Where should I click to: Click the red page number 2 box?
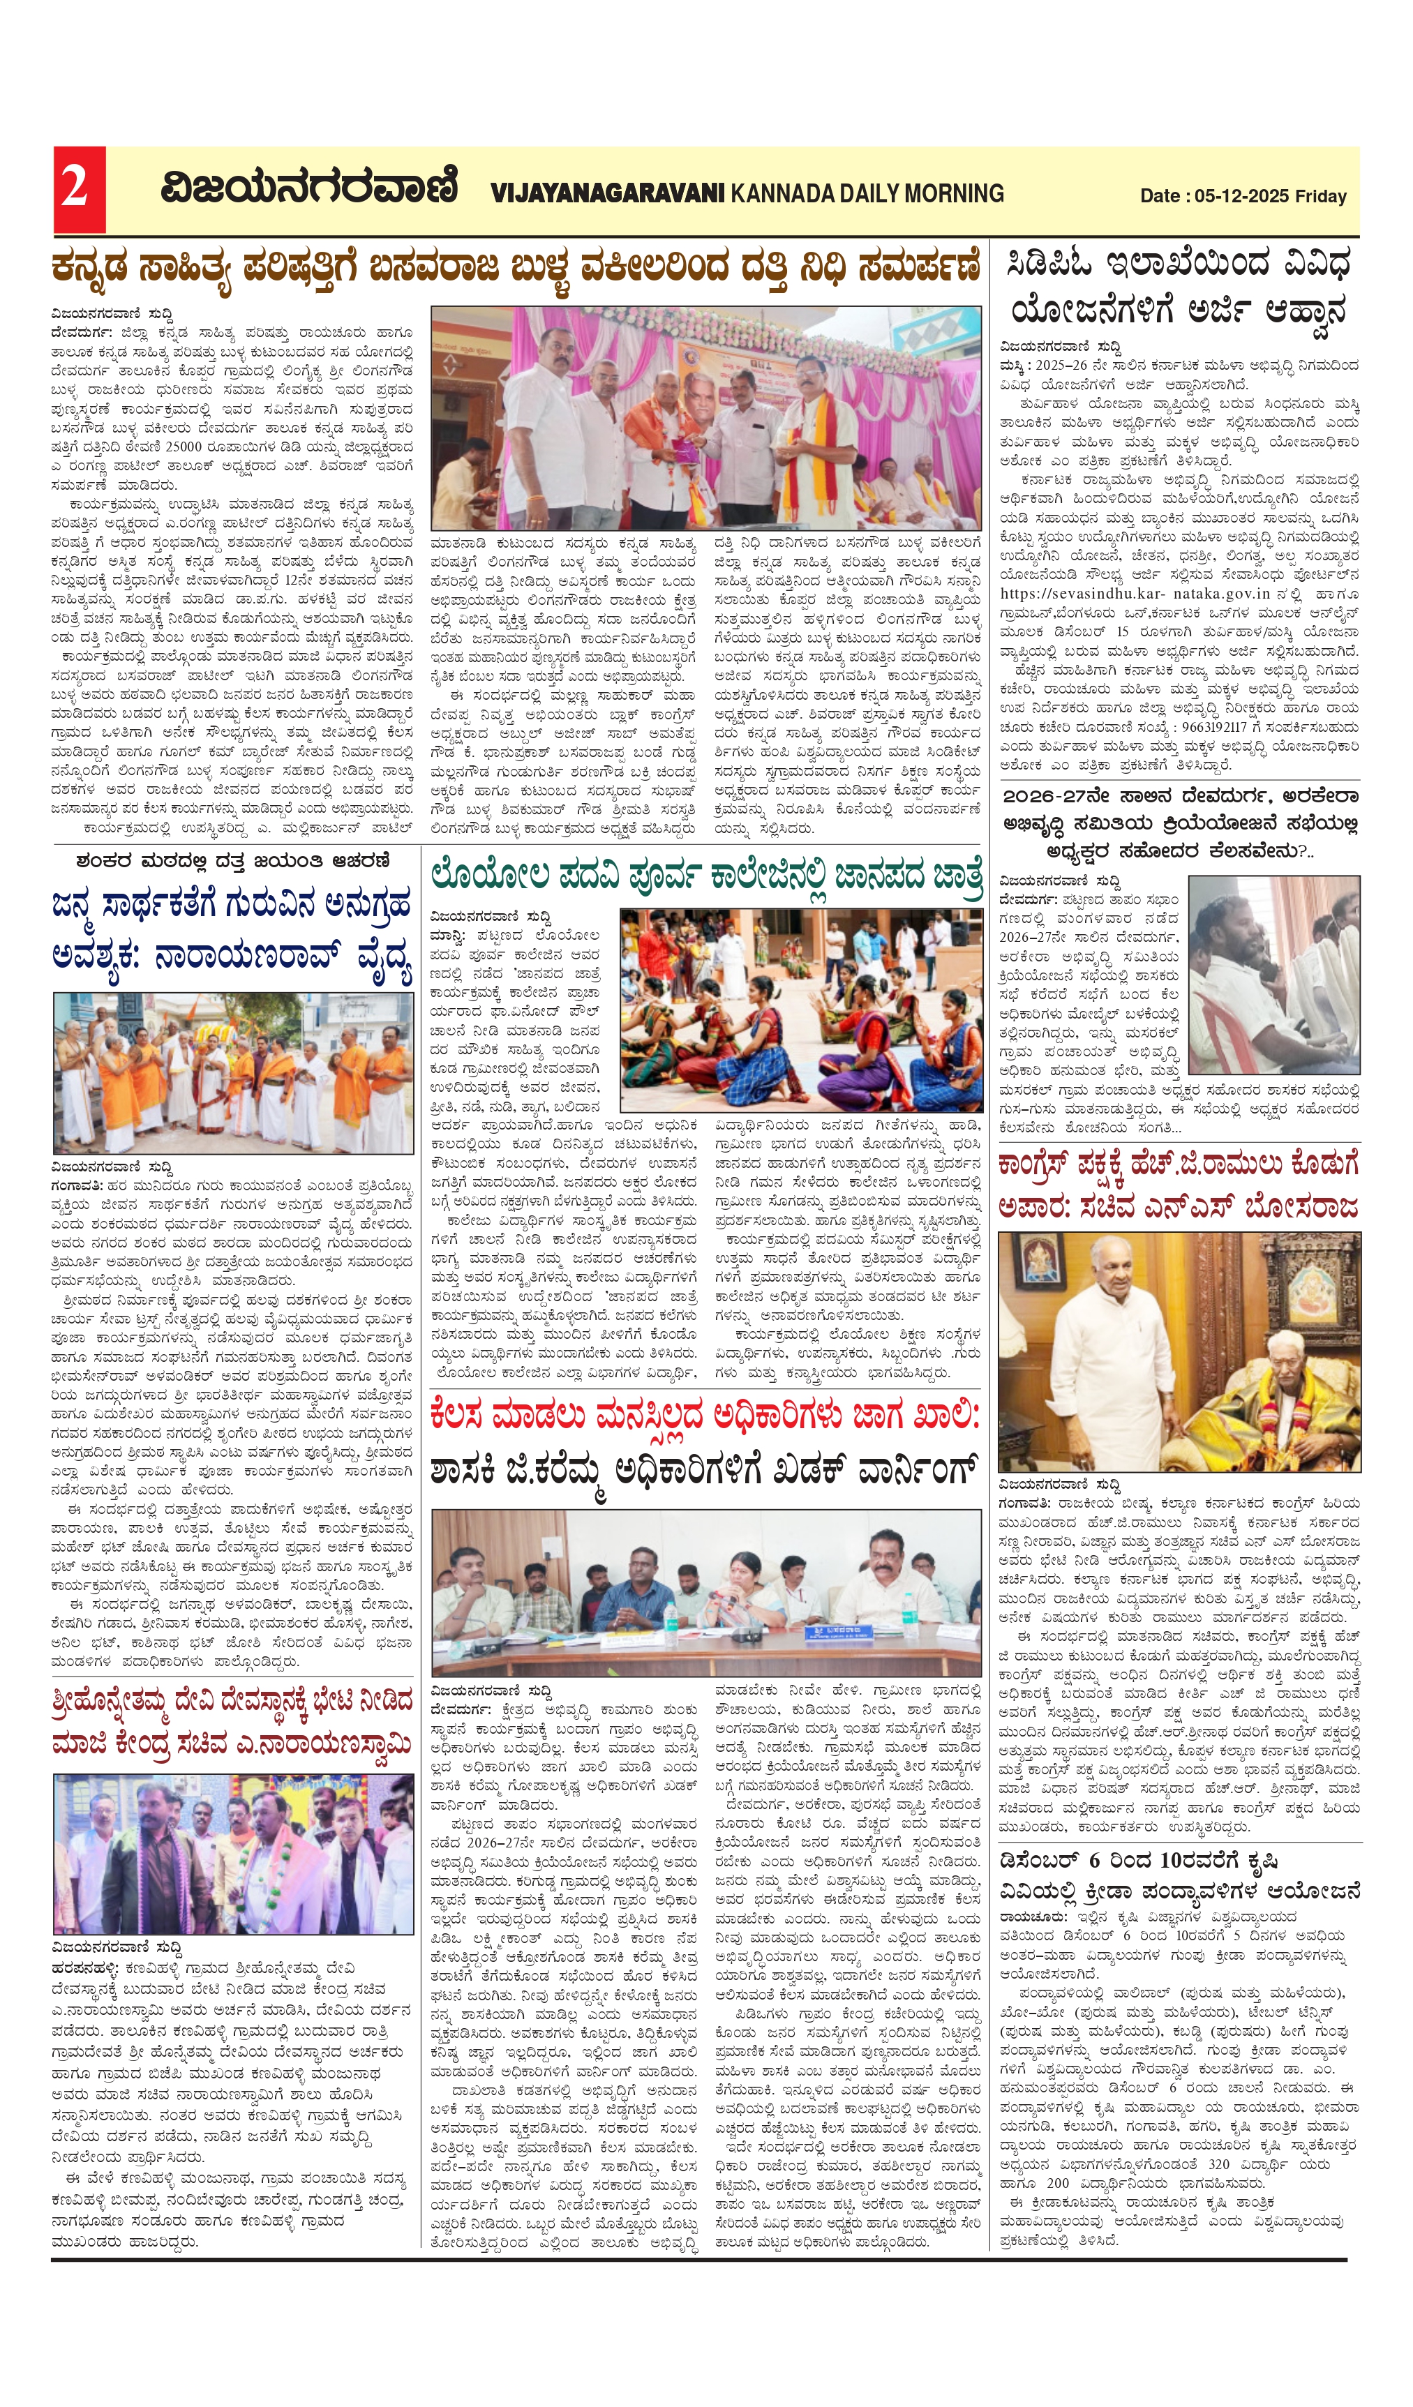[78, 189]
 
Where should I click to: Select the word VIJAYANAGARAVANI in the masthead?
[608, 194]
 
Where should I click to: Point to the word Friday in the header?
[1322, 197]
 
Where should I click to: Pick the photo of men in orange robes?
[233, 1072]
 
